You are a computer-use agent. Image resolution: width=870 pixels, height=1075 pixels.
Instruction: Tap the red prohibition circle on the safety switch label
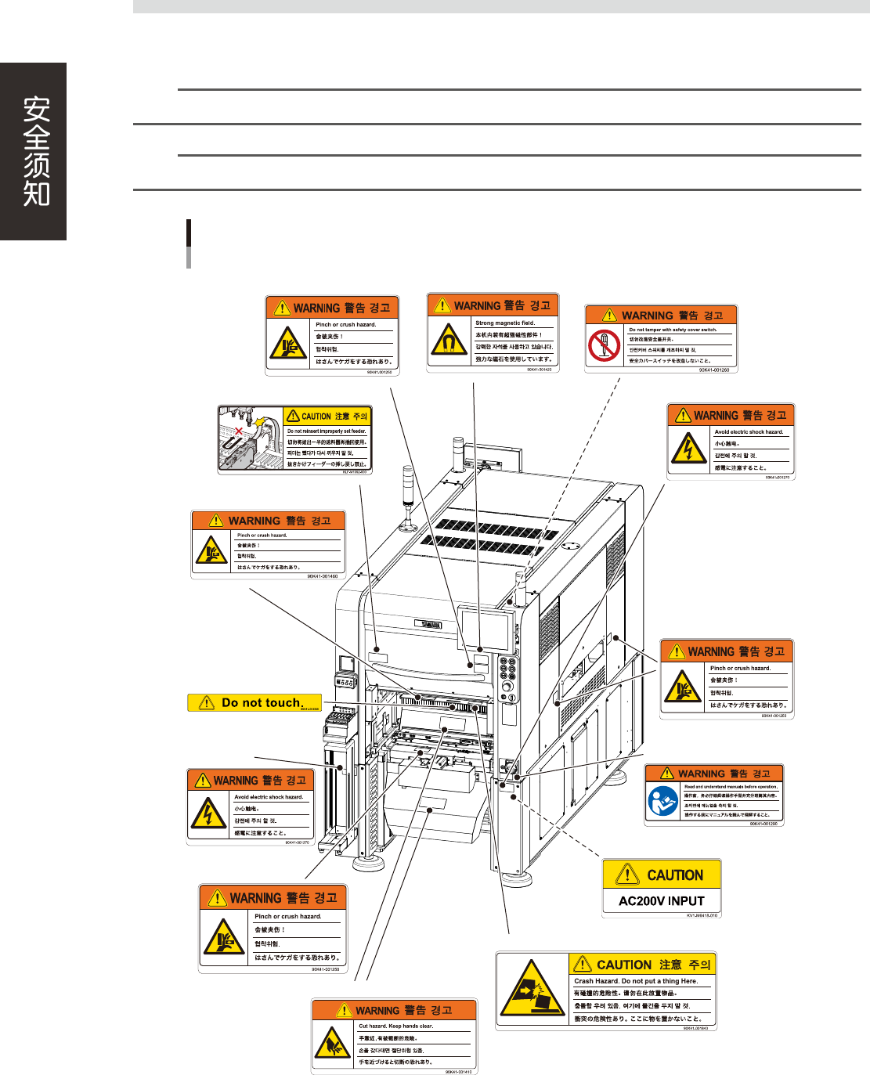click(x=604, y=345)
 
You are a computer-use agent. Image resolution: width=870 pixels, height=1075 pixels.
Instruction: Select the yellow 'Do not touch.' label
click(x=255, y=702)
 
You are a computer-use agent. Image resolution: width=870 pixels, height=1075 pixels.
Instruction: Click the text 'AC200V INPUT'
click(x=661, y=900)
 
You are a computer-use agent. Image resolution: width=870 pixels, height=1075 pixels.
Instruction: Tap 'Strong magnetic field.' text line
click(x=505, y=323)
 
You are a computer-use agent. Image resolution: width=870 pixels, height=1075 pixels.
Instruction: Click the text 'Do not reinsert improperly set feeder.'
click(x=326, y=431)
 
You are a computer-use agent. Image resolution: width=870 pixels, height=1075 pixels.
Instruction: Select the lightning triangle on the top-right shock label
click(x=688, y=449)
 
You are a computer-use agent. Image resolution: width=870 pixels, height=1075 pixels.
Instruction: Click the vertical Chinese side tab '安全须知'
click(x=36, y=151)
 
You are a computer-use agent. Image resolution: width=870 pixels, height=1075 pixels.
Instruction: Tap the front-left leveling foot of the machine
click(x=367, y=864)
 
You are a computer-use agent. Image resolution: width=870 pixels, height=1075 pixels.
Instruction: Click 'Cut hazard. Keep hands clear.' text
click(x=395, y=1026)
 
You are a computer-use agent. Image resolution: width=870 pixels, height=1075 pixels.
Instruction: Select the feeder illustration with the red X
click(x=250, y=438)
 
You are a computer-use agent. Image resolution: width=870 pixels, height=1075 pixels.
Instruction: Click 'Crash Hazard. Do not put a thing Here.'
click(x=635, y=980)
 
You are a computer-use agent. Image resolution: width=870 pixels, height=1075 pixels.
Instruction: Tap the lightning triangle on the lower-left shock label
click(x=208, y=813)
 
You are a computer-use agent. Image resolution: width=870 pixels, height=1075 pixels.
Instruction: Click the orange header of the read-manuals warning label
click(x=713, y=773)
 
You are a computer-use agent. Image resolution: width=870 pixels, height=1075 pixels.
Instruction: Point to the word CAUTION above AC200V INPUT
click(x=674, y=875)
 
